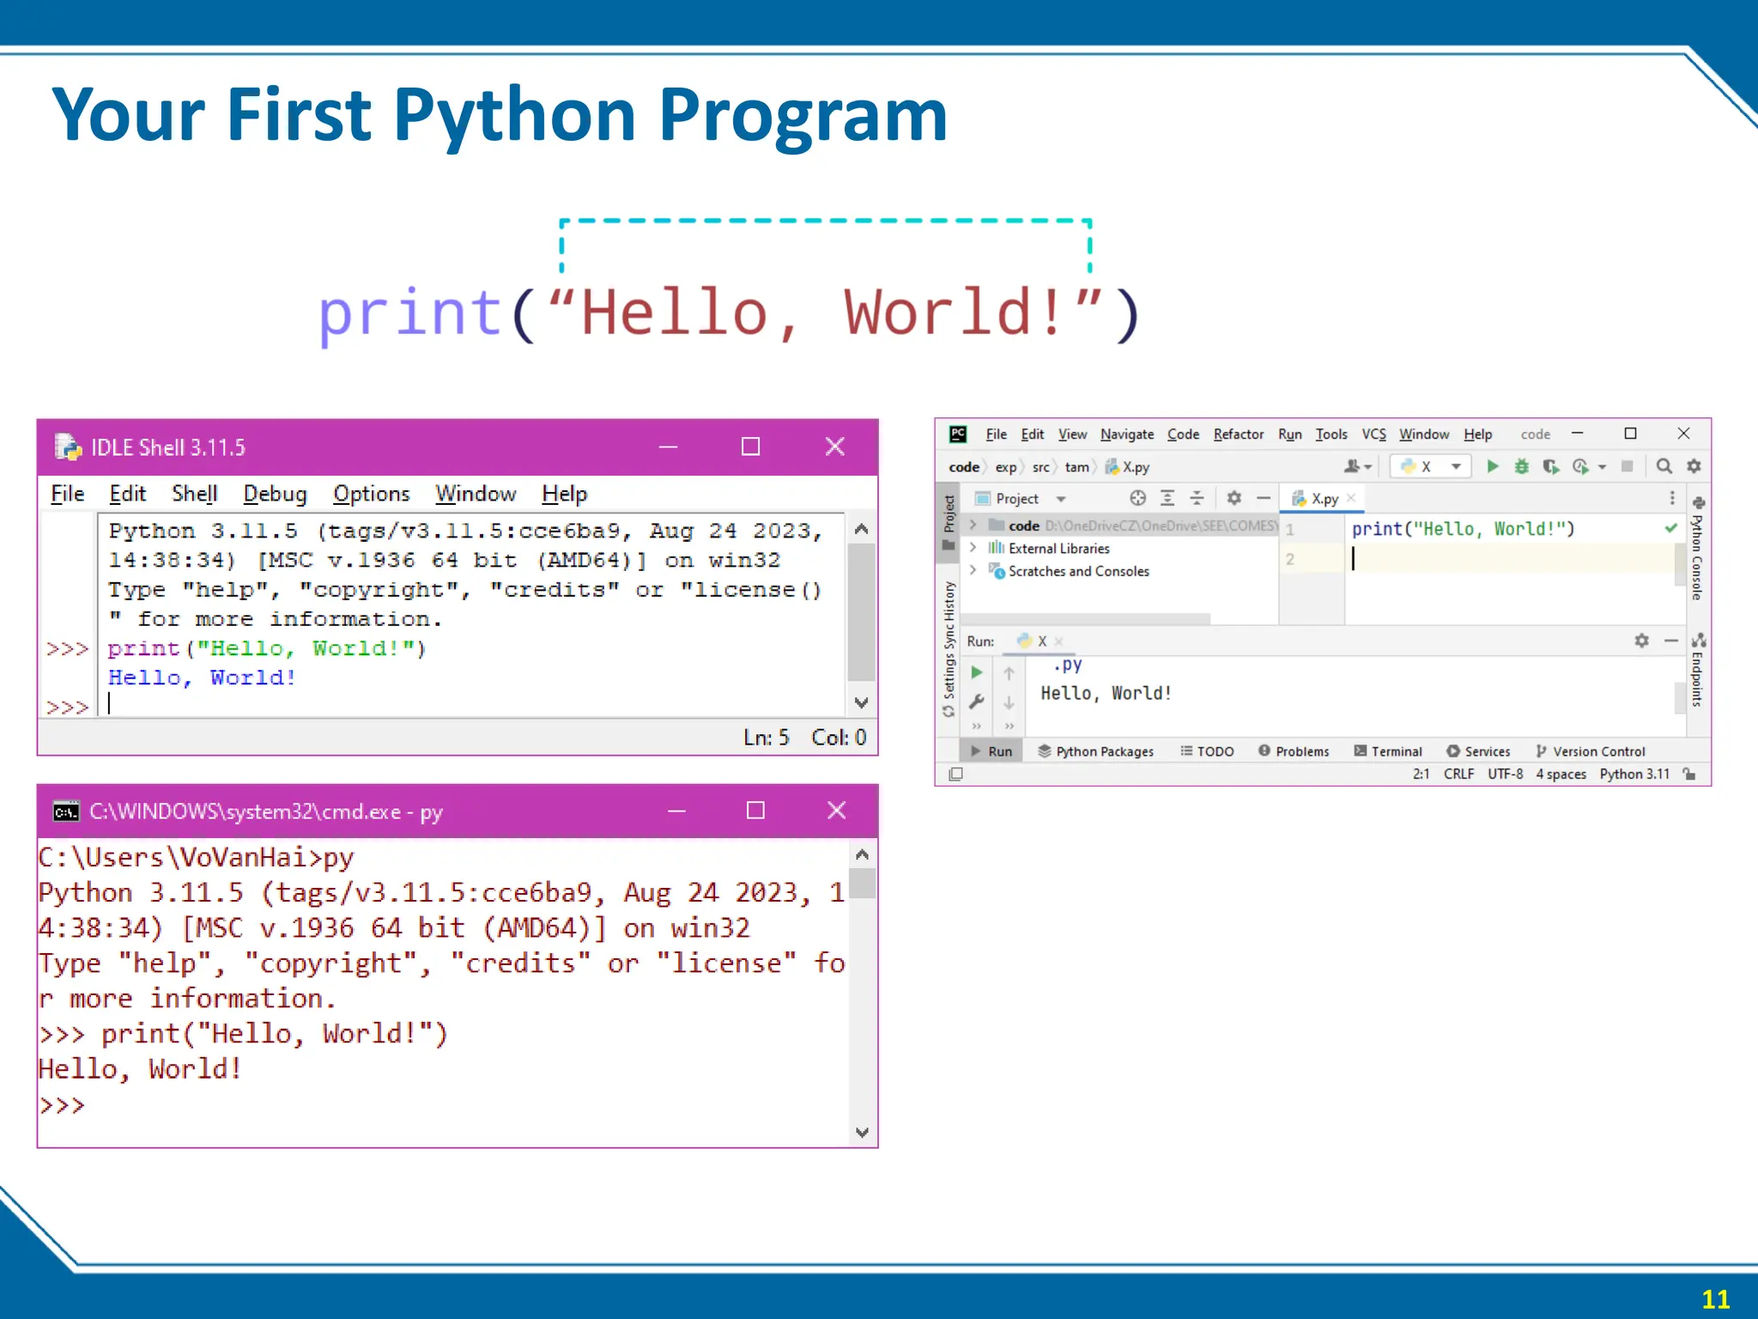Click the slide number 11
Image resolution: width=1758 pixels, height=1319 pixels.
click(1715, 1298)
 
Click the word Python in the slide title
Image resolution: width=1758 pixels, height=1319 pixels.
click(514, 115)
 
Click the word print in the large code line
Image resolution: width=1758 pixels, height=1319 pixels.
click(409, 313)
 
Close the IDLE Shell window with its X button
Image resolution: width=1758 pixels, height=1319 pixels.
click(834, 447)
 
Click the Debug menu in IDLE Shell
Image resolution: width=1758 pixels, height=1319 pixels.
click(275, 494)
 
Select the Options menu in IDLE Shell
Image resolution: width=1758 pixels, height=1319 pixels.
click(371, 494)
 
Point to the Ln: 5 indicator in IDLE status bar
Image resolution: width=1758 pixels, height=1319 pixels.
click(766, 738)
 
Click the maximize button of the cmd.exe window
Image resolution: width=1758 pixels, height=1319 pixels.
click(755, 811)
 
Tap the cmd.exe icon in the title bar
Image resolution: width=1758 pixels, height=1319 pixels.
click(66, 811)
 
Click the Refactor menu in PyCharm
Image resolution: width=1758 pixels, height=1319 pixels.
click(1238, 435)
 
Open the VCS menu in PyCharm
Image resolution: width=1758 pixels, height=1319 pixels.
click(1373, 435)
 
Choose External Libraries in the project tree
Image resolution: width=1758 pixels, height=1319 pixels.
click(1058, 549)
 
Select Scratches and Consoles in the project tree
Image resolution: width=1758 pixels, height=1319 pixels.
click(1078, 571)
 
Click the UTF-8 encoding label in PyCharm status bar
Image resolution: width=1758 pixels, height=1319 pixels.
click(1505, 774)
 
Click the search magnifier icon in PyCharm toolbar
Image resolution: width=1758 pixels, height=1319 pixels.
click(1664, 466)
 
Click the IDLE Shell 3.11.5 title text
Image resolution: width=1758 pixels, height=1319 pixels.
click(168, 447)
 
